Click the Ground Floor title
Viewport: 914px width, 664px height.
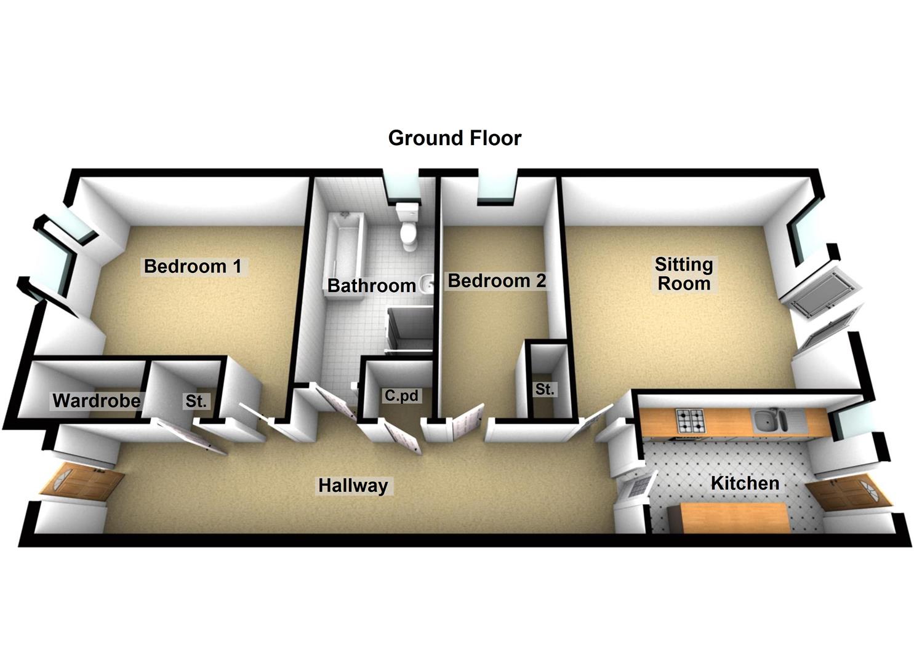[455, 138]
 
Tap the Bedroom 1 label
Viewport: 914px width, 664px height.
[193, 266]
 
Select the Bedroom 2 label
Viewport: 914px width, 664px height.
[497, 281]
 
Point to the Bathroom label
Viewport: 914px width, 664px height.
[371, 285]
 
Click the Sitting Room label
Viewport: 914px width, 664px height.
[684, 274]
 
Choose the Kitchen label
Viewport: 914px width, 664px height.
[745, 483]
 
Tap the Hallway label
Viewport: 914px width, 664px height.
[353, 486]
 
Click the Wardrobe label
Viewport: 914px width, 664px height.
[97, 401]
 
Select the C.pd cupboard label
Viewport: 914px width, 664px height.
[401, 395]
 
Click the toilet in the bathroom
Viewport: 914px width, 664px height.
[408, 227]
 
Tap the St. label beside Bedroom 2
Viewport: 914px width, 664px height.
[545, 389]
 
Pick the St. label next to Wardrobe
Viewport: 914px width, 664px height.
[196, 401]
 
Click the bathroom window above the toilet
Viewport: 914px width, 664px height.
[403, 189]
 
